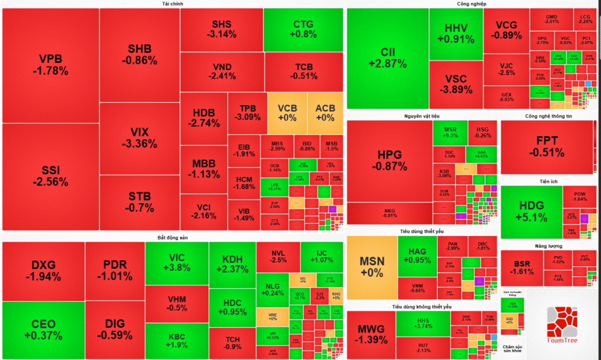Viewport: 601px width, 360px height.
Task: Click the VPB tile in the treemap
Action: pyautogui.click(x=50, y=65)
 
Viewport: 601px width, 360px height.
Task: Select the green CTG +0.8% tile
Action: pyautogui.click(x=303, y=29)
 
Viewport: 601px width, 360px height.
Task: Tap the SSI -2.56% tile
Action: pyautogui.click(x=50, y=176)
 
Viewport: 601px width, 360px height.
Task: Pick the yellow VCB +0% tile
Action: pyautogui.click(x=287, y=113)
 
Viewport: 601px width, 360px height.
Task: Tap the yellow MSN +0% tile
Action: pyautogui.click(x=371, y=267)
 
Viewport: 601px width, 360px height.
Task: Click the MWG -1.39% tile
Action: pyautogui.click(x=371, y=334)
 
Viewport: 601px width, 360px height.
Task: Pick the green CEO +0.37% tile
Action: pyautogui.click(x=43, y=329)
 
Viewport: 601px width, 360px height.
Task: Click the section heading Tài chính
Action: pyautogui.click(x=173, y=4)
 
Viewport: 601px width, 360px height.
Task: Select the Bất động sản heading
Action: pyautogui.click(x=173, y=237)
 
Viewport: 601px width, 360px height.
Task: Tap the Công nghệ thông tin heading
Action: pyautogui.click(x=549, y=116)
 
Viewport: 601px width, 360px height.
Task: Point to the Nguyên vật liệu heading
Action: pyautogui.click(x=421, y=116)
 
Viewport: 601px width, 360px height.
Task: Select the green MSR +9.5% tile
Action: pyautogui.click(x=450, y=133)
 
